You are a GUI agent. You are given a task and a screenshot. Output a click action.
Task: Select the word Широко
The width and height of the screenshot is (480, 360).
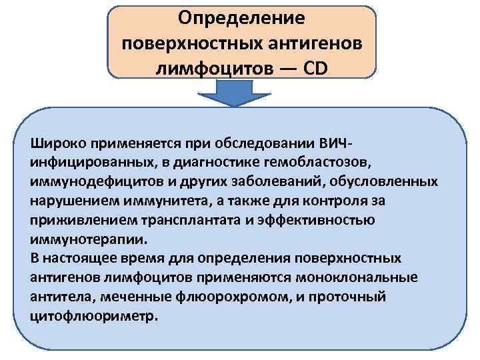tap(55, 143)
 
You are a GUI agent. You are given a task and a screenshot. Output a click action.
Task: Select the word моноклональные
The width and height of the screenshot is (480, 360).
tap(360, 277)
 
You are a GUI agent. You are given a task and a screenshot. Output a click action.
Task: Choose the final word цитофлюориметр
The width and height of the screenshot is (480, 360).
tap(93, 315)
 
